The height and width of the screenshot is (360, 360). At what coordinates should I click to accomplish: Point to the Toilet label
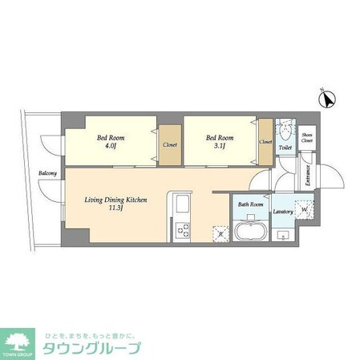[x=285, y=148]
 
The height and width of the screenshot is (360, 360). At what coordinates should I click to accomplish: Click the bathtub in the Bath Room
[x=250, y=232]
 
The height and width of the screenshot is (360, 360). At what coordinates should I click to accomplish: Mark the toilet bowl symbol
[x=285, y=131]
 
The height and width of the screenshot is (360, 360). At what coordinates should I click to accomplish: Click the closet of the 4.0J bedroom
[x=170, y=144]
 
